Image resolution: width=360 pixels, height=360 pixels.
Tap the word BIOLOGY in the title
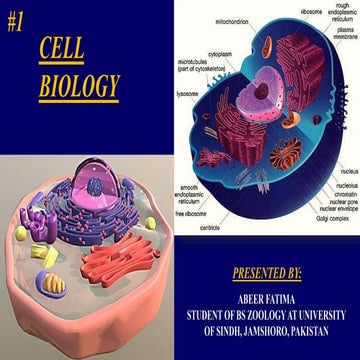click(x=78, y=86)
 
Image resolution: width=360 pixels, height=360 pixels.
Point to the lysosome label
click(x=188, y=95)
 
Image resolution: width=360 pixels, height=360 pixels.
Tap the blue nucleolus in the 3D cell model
click(x=94, y=186)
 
